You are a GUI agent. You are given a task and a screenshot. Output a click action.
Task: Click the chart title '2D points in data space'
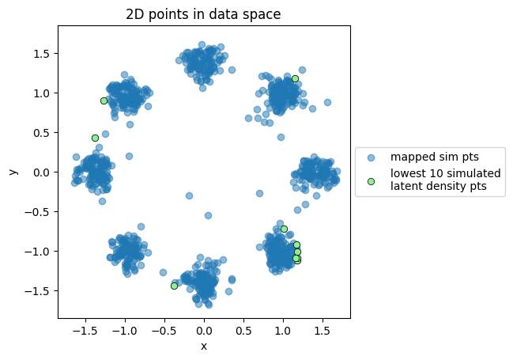203,13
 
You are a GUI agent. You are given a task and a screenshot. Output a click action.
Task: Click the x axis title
204,346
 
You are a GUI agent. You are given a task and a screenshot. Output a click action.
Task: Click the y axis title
13,172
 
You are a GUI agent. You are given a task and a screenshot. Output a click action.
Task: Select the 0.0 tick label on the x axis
204,332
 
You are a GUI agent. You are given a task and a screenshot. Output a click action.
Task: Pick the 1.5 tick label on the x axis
323,332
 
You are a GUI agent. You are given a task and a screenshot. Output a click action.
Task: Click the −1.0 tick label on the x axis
124,332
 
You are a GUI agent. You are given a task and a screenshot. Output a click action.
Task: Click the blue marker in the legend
372,156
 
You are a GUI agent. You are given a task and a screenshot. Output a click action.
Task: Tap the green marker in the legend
372,181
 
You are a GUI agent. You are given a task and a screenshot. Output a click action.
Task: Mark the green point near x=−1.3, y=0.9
104,100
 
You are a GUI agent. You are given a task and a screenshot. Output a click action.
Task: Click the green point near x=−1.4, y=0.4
95,138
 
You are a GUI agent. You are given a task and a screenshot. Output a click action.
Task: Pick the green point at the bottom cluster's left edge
174,286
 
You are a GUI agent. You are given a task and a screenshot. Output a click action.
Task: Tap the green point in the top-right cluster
295,78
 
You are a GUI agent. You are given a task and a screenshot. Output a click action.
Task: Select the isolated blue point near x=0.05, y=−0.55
208,215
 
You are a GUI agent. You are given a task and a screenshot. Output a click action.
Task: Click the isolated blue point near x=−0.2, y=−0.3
189,195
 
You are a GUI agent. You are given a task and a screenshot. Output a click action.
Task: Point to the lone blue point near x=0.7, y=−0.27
259,193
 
